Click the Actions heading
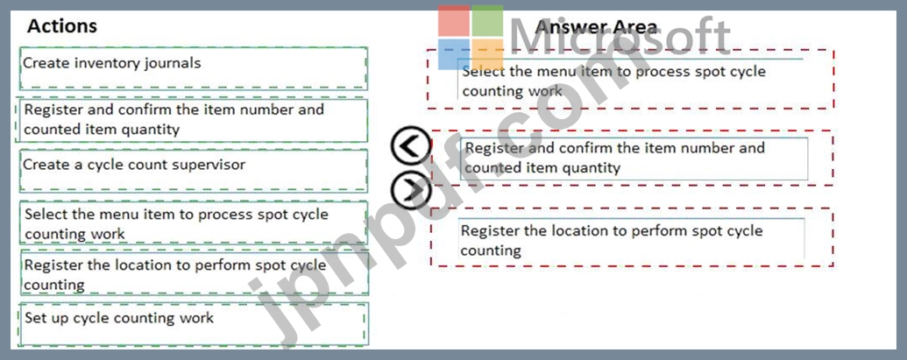pos(62,26)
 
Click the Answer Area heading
pos(596,26)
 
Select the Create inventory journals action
pos(193,68)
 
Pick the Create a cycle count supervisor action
pos(193,171)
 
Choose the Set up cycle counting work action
pos(193,324)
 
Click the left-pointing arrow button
pos(411,147)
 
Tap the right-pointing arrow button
pos(411,190)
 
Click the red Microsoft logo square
pos(454,21)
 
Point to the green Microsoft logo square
pos(487,21)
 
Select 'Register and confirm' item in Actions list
pos(193,120)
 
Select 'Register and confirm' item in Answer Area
pos(634,159)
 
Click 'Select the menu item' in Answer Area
pos(630,79)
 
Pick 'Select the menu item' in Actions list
pos(193,222)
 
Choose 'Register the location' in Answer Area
pos(631,238)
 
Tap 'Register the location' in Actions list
pos(193,272)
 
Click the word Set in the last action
pos(34,318)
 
